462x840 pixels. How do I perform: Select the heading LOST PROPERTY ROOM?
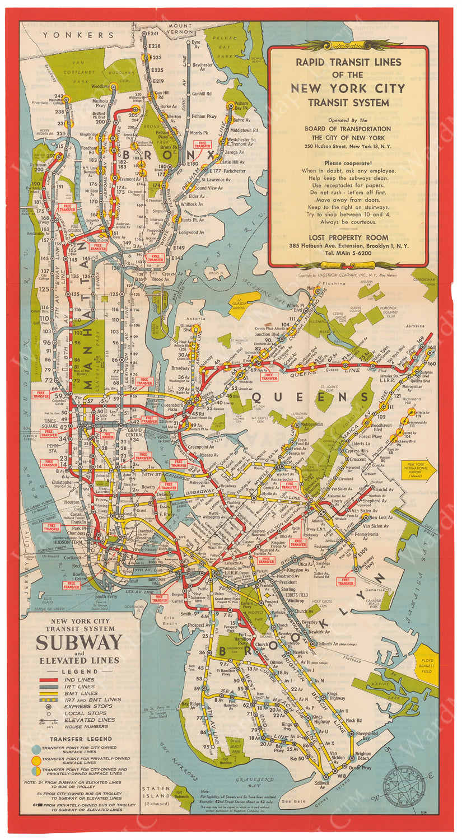click(348, 237)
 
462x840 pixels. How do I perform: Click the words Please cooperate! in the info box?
click(348, 162)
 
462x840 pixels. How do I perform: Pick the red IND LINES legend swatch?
click(49, 680)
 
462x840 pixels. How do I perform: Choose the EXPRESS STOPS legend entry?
click(87, 707)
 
